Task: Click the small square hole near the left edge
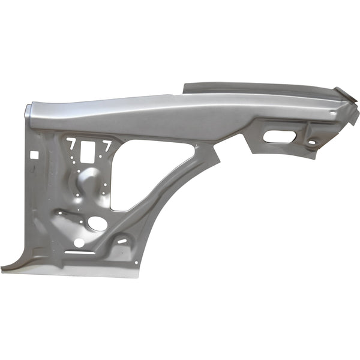35,154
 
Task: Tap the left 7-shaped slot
71,145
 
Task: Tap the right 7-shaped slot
107,145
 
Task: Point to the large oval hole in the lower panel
97,223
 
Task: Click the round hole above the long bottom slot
79,243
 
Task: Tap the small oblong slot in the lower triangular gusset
122,241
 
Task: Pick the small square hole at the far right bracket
311,142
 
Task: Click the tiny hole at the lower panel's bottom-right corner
137,262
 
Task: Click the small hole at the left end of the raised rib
58,211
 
